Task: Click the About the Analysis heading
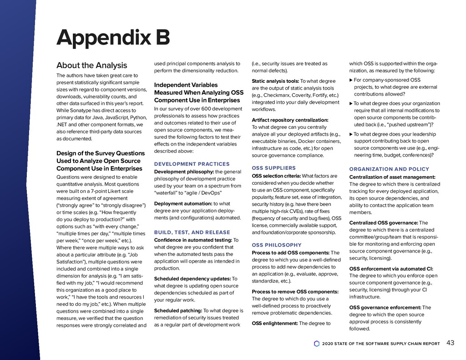click(91, 66)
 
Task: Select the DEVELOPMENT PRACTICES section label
click(192, 164)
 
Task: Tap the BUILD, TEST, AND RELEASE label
click(192, 232)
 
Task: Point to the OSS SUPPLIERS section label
click(274, 168)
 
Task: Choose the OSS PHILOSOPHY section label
click(277, 245)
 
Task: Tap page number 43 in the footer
click(451, 343)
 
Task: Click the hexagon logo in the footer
click(317, 344)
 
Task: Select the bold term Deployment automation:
click(183, 203)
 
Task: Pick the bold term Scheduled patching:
click(178, 311)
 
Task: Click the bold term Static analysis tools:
click(275, 81)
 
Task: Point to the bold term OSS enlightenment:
click(274, 324)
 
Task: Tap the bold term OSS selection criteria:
click(276, 176)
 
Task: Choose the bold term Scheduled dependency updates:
click(192, 279)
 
